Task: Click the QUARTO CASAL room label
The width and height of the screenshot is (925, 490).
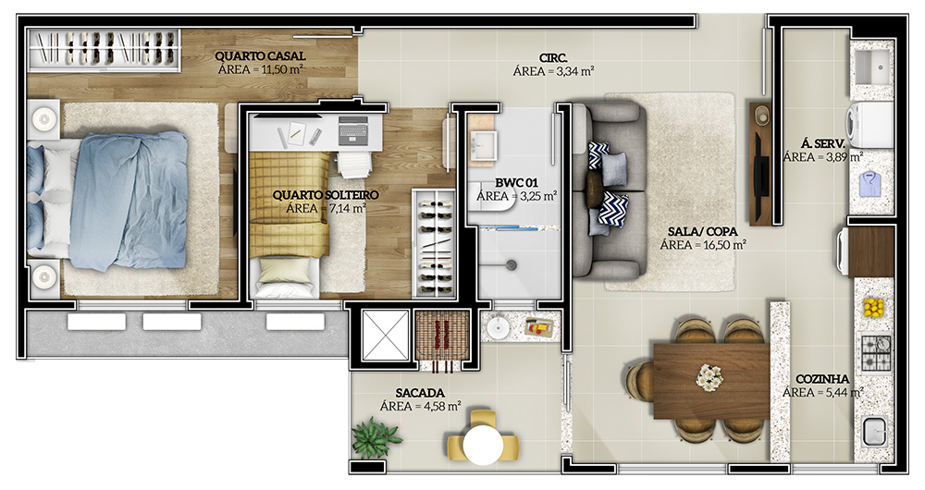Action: point(260,56)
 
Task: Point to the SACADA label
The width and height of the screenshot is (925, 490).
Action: point(420,393)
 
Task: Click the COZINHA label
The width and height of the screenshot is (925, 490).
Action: point(822,379)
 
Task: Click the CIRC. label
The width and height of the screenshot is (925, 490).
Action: point(553,58)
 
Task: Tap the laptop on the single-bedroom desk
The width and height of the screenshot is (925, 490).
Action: point(352,129)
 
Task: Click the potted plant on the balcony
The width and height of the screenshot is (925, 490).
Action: point(376,437)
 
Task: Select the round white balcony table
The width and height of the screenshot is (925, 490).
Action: point(483,445)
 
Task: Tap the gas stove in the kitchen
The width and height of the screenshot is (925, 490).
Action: point(876,352)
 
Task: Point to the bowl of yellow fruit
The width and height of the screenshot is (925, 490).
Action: point(874,307)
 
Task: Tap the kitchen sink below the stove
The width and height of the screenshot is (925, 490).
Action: point(874,432)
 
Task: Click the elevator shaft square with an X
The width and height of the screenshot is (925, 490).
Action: point(385,335)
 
